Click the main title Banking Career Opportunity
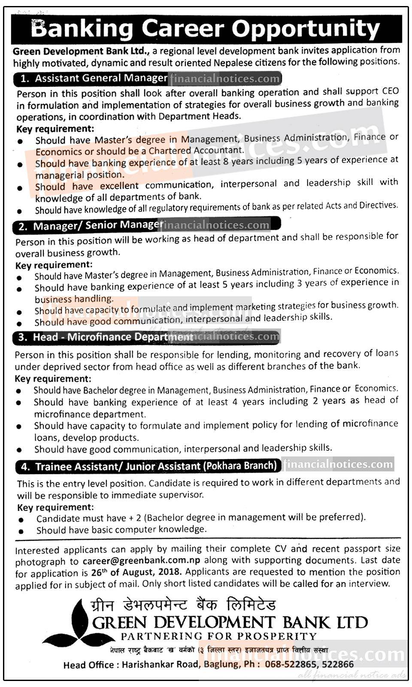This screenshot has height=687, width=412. point(205,29)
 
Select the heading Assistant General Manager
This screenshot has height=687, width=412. point(101,78)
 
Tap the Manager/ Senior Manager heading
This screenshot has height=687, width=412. point(98,225)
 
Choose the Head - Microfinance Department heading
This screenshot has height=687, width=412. point(112,337)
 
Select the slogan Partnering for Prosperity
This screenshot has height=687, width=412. point(218,636)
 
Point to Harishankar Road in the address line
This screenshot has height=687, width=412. point(160,665)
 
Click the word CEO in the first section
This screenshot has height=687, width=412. point(390,91)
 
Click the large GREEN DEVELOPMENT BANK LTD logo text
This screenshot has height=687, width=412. point(230,622)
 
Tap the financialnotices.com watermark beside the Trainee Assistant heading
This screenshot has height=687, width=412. point(338,464)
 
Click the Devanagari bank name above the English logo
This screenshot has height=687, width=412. point(183,605)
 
